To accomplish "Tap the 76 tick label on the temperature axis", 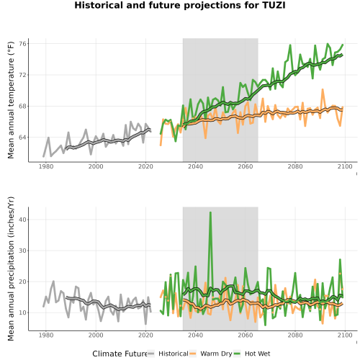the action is [22, 44].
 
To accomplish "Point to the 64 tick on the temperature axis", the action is [22, 138].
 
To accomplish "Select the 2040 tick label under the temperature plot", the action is [195, 166].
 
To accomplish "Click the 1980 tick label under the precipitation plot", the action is [46, 335].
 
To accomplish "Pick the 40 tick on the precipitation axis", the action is [22, 220].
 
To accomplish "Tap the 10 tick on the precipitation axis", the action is [22, 312].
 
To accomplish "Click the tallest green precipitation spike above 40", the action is [210, 212].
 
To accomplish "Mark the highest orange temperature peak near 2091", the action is [323, 89].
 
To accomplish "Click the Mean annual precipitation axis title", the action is [11, 269].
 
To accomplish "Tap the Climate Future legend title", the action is [120, 354].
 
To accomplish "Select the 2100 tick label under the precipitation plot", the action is [345, 335].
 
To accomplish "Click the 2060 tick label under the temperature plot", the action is [246, 166].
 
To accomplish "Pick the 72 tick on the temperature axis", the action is [22, 75].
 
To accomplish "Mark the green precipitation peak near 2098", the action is [340, 260].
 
